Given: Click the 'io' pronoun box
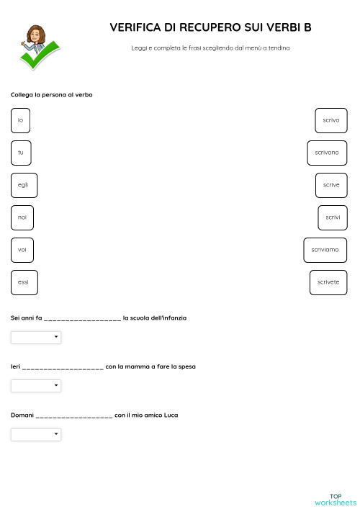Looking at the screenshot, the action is click(20, 120).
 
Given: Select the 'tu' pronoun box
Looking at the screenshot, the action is click(21, 153).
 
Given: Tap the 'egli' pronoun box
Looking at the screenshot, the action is click(24, 185).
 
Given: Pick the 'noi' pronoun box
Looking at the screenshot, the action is click(22, 217).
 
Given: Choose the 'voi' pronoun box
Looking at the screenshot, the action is click(22, 250).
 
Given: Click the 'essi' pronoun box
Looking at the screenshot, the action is click(24, 282).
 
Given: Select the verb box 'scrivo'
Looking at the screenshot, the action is click(331, 120).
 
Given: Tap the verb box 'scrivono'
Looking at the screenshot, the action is click(327, 153).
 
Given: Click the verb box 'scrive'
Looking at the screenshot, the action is click(331, 185).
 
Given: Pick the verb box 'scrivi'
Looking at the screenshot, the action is click(333, 217).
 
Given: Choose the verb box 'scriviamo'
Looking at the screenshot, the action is click(325, 250).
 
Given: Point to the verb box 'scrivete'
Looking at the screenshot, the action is click(328, 282).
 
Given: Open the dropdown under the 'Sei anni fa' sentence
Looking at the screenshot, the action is click(36, 337).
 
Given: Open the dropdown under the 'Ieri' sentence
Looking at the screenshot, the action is click(36, 386).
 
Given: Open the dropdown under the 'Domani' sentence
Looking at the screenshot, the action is click(36, 435).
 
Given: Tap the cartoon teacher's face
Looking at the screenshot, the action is click(35, 34).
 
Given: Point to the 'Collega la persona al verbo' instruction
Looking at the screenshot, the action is click(52, 95).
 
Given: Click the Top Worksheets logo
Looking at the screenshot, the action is click(336, 499).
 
